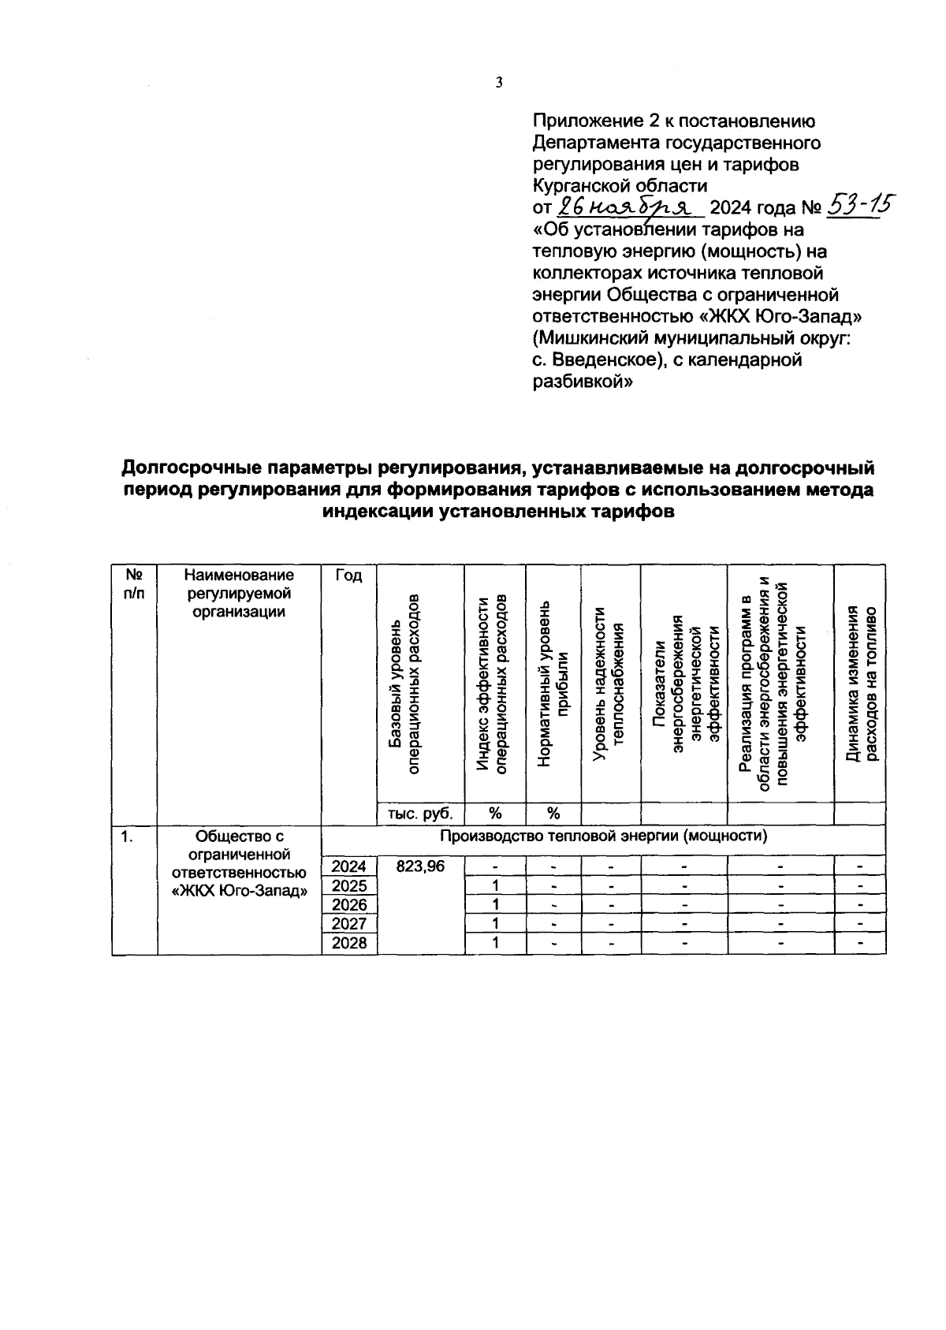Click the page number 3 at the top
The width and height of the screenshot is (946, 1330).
(x=498, y=83)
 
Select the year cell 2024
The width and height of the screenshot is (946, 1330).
(x=349, y=866)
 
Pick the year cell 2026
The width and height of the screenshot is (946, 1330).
(x=349, y=904)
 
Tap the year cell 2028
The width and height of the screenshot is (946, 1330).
(x=349, y=943)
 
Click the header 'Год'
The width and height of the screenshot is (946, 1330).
(x=349, y=576)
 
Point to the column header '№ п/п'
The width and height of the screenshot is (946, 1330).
(x=134, y=584)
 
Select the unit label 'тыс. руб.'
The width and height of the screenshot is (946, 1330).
(x=420, y=813)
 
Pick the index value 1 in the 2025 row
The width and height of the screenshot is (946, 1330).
(x=496, y=885)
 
